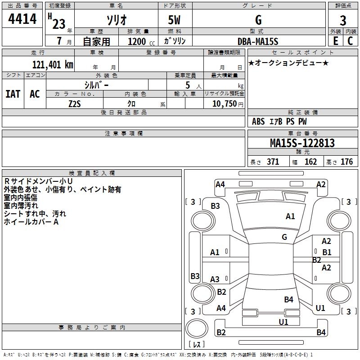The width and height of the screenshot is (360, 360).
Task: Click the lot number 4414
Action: (x=22, y=19)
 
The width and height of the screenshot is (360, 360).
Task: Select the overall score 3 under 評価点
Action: (x=343, y=21)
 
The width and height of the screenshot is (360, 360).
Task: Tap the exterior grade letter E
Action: (x=336, y=41)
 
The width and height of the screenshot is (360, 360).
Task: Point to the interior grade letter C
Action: (x=350, y=41)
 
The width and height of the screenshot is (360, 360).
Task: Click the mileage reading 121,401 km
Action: (x=53, y=65)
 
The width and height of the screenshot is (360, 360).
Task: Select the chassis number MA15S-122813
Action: (x=302, y=143)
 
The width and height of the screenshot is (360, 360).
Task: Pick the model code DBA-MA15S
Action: (x=258, y=41)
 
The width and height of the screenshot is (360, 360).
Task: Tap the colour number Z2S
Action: (x=75, y=104)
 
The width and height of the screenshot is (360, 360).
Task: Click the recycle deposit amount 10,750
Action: (x=224, y=104)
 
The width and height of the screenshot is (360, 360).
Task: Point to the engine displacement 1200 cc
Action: (x=141, y=41)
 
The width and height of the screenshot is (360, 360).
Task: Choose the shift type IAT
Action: (x=13, y=94)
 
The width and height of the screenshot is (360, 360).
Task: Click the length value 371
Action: (x=273, y=162)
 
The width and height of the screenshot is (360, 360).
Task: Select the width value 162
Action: (x=310, y=162)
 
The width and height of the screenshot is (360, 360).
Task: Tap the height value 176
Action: (x=346, y=162)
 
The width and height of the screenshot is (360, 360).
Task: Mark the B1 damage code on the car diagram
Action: (x=327, y=252)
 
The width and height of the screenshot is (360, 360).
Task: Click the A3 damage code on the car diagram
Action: (x=215, y=279)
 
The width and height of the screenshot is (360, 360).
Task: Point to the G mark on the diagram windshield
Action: (x=284, y=237)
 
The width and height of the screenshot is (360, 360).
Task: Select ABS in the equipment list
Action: (x=258, y=121)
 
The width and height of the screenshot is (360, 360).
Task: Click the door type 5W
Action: (x=174, y=20)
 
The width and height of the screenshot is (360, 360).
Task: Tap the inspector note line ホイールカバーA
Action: (x=31, y=222)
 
